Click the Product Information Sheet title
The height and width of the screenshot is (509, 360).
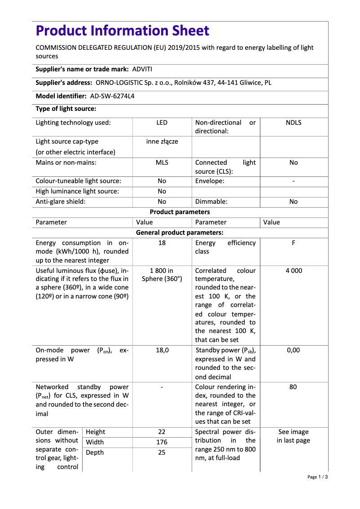point(122,31)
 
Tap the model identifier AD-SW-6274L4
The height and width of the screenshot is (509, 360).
point(112,96)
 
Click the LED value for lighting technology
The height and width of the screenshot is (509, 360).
point(162,123)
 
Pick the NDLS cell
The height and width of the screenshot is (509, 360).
point(293,123)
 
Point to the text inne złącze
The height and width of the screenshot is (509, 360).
point(162,141)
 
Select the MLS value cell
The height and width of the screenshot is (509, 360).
point(162,162)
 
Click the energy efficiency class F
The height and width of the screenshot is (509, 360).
point(293,243)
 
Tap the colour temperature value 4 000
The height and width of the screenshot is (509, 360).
point(293,271)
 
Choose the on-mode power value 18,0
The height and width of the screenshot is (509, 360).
point(162,350)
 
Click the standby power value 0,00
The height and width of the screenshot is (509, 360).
point(293,350)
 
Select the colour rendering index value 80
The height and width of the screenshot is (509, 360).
point(293,387)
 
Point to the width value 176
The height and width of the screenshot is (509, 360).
point(162,442)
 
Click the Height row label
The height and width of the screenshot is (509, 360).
point(95,432)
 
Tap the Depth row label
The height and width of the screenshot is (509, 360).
point(95,452)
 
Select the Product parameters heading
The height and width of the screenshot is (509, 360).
point(180,212)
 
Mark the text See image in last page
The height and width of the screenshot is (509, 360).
point(293,436)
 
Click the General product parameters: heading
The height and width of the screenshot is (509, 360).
point(180,233)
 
